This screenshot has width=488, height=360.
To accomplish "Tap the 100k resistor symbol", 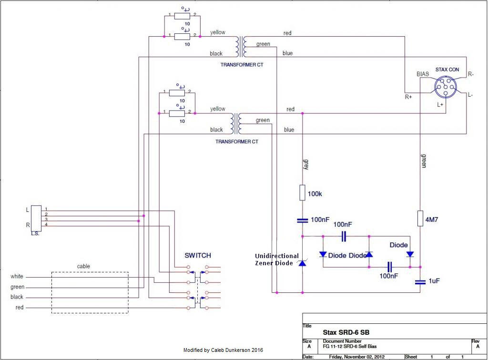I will [303, 193].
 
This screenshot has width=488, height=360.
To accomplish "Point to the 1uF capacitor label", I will [433, 281].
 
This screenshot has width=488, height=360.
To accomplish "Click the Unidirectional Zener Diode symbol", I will [302, 262].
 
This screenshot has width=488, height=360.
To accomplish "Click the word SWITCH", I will [198, 255].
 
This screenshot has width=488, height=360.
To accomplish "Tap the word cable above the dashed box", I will [83, 266].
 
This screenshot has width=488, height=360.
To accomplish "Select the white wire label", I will [17, 277].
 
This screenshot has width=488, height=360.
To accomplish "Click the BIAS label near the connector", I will [423, 74].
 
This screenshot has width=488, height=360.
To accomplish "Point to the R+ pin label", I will [408, 97].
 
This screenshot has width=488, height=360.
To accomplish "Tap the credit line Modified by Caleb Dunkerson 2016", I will [223, 350].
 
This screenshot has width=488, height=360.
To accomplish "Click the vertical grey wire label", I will [306, 164].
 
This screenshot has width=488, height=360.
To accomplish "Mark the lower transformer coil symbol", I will [236, 124].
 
